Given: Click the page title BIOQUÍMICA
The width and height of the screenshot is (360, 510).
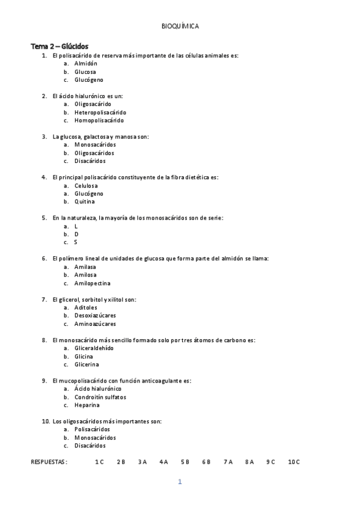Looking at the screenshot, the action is [x=180, y=26].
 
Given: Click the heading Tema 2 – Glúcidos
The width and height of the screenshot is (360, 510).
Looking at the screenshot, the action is [x=59, y=46].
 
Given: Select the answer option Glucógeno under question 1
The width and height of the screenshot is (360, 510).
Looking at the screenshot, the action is [x=88, y=79].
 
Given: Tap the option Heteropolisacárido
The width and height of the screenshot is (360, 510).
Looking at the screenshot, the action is [x=100, y=112].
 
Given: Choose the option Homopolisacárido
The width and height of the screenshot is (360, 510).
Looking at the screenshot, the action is [x=99, y=120].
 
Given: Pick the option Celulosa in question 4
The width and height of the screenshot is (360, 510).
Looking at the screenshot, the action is [x=86, y=185].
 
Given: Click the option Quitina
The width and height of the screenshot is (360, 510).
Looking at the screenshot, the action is [x=84, y=201].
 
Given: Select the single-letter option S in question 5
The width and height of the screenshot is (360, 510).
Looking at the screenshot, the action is [x=76, y=242].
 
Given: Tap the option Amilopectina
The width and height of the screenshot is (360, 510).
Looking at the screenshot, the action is [x=92, y=283].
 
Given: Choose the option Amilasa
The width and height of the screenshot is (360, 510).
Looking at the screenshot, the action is [x=85, y=266].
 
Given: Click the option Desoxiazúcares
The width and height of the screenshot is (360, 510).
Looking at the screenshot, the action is [x=95, y=315].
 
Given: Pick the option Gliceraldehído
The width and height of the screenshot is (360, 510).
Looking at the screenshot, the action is [x=94, y=348].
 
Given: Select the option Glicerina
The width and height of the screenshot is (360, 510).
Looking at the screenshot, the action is [x=87, y=364].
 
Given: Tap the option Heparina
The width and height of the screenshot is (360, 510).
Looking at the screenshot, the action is [x=87, y=405].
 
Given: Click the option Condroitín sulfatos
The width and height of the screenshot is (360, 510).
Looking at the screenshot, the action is [x=100, y=397].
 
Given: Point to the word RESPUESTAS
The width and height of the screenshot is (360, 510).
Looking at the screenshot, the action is [x=49, y=462].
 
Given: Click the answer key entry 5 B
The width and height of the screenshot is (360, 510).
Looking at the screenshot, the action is [x=185, y=462].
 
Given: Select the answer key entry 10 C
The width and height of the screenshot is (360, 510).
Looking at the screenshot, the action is [x=293, y=462].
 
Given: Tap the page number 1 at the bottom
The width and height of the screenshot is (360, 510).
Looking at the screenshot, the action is [x=180, y=482].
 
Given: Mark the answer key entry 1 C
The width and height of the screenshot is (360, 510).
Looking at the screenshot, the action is [x=99, y=462].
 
